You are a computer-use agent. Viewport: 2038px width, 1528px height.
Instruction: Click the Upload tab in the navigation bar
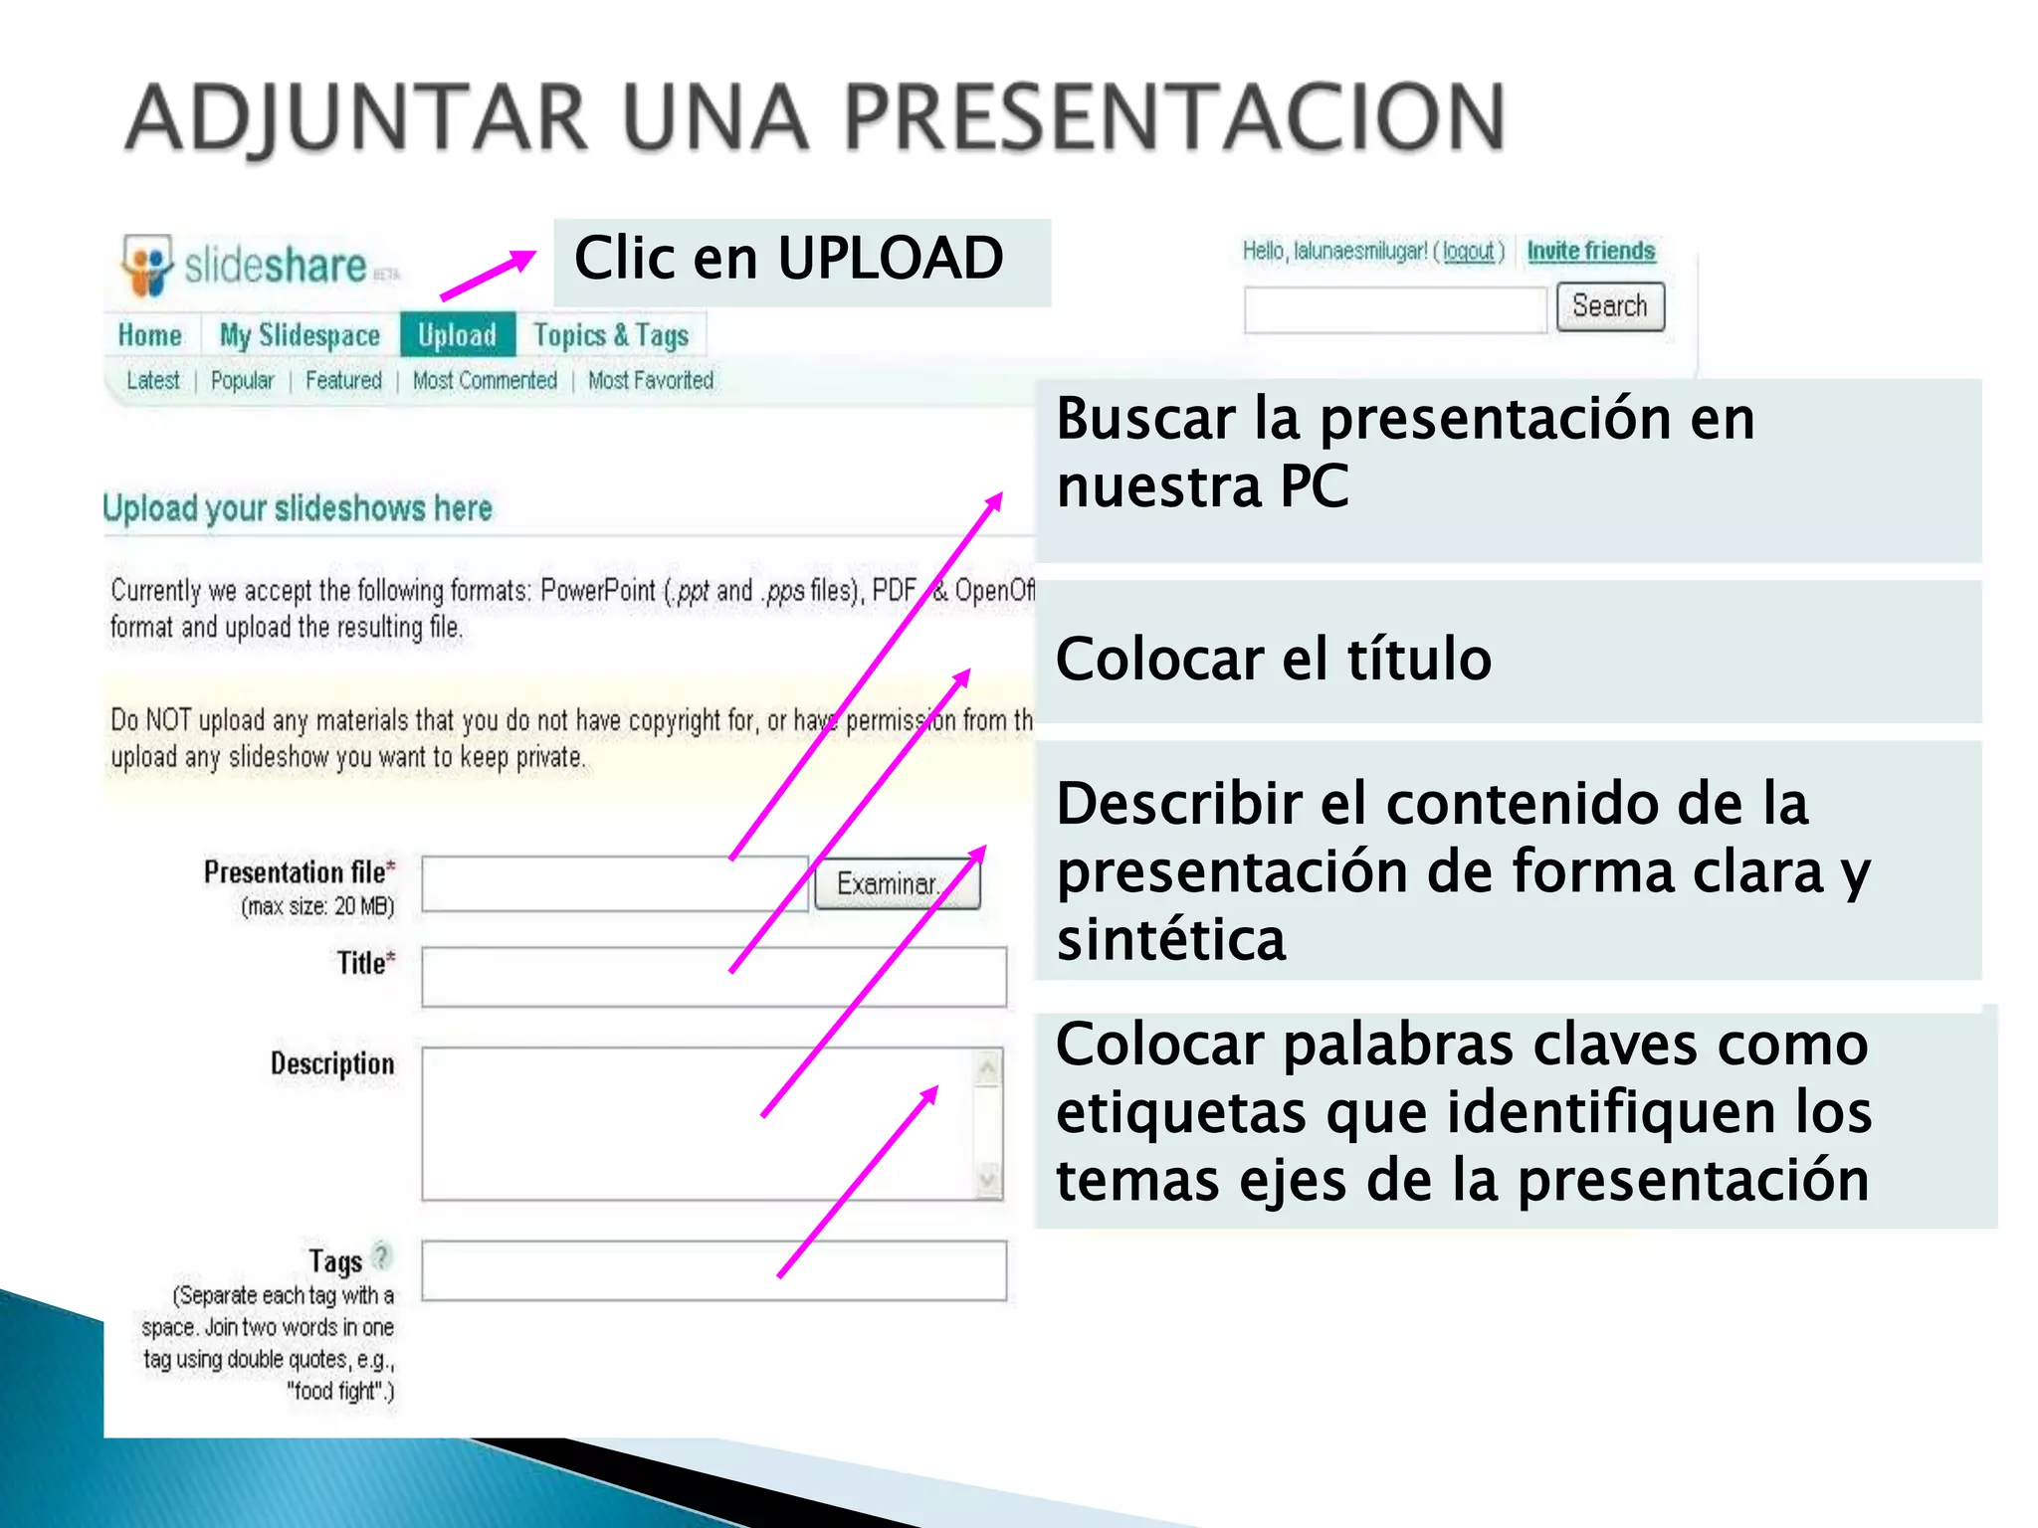pos(457,335)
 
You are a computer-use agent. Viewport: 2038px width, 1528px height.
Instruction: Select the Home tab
pos(150,335)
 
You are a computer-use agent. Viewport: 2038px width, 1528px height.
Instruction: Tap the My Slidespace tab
pos(300,335)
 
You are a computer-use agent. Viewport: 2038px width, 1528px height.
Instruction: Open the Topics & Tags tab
pos(610,335)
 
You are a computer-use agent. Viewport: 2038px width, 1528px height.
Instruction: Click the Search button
pos(1609,306)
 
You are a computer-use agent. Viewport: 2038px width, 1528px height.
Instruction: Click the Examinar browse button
pos(896,883)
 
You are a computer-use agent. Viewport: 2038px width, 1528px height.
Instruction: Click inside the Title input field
pos(713,977)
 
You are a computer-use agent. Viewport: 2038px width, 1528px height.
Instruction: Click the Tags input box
pos(713,1270)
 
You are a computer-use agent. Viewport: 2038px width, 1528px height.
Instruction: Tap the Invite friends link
pos(1590,251)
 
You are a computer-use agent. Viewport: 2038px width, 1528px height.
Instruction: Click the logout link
pos(1469,252)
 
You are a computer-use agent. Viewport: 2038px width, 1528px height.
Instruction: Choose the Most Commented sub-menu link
pos(485,381)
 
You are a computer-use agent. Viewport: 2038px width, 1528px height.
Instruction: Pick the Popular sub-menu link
pos(242,381)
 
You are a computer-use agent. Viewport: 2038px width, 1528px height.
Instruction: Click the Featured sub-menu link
pos(343,381)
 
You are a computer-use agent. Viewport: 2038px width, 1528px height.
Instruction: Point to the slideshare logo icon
pos(147,265)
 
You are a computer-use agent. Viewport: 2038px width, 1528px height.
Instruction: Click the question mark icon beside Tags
pos(381,1256)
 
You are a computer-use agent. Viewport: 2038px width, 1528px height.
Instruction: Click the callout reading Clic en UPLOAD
pos(801,262)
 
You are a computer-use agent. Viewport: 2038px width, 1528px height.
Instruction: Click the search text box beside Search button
pos(1395,309)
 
